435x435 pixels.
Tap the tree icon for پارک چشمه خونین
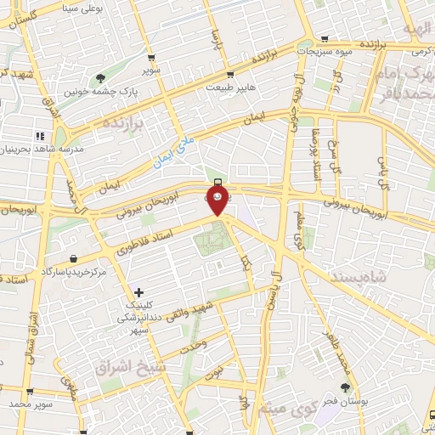[x=102, y=79]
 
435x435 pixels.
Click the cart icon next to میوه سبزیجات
[x=324, y=39]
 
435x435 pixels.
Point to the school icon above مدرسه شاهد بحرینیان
[x=39, y=136]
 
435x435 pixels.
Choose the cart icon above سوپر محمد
[x=31, y=393]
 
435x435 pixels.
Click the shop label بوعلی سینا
[x=74, y=8]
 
